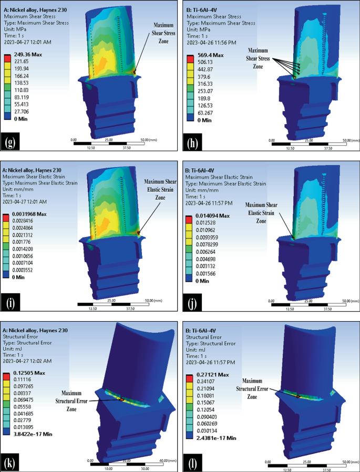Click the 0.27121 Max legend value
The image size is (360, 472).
(211, 374)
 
